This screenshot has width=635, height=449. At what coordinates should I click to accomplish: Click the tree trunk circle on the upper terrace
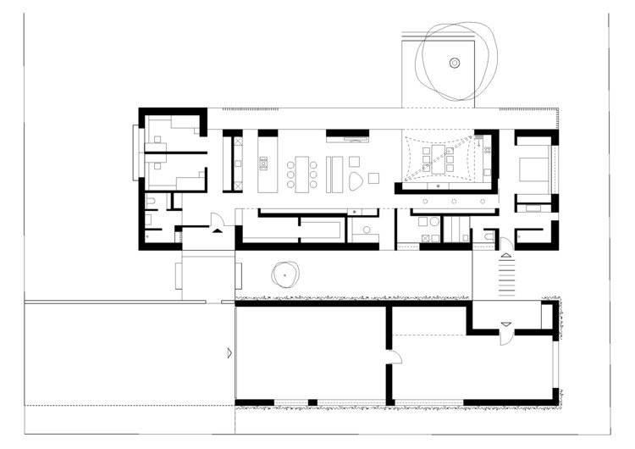point(455,62)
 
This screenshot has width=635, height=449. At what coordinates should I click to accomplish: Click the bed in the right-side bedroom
point(533,166)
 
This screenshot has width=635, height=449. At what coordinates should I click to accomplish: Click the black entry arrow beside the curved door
point(218,228)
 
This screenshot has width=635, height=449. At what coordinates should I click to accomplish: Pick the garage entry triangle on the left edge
point(229,351)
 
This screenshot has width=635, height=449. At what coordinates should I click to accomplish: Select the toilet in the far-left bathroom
point(151,202)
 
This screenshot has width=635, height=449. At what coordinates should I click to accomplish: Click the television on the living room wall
point(347,134)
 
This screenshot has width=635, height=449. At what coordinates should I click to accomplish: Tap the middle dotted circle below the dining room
point(454,202)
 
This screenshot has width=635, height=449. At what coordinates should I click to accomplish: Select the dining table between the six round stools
point(302,172)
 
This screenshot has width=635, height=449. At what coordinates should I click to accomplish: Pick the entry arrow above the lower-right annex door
point(505,324)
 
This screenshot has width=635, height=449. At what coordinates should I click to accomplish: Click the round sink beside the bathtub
point(367,229)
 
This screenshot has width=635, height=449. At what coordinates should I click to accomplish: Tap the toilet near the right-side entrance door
point(489,236)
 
